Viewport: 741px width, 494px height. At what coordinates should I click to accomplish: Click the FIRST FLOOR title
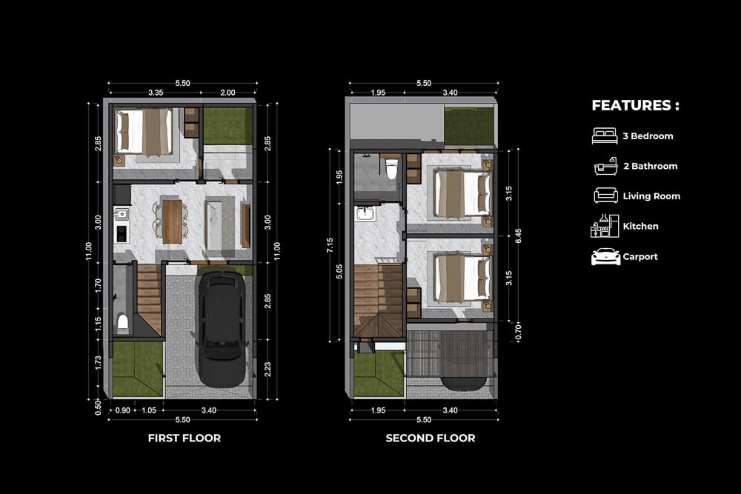(185, 438)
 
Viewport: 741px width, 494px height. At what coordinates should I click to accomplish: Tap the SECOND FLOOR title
(431, 438)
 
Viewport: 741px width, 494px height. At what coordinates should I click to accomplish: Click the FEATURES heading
(635, 105)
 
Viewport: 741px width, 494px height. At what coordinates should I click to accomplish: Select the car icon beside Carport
(606, 256)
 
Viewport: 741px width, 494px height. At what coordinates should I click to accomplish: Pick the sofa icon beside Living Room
(606, 196)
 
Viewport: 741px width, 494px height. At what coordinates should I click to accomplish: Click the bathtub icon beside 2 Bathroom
(606, 166)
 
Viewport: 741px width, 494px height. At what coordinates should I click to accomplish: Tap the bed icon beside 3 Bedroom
(605, 136)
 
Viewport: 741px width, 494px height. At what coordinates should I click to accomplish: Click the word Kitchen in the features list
(640, 226)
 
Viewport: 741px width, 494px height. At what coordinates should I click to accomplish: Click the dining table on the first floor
(173, 221)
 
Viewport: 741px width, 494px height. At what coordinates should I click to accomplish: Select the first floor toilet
(123, 323)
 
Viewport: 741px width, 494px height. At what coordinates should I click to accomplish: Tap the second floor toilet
(391, 169)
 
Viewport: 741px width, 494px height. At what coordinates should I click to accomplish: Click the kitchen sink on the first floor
(122, 214)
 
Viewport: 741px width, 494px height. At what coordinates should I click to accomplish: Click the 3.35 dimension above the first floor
(156, 93)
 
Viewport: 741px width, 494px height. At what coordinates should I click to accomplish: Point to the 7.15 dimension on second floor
(330, 245)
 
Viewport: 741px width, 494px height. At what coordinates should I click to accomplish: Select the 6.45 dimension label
(519, 236)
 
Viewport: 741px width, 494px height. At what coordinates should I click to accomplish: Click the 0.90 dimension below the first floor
(123, 410)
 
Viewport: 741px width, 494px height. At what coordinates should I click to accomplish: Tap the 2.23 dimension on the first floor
(268, 370)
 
